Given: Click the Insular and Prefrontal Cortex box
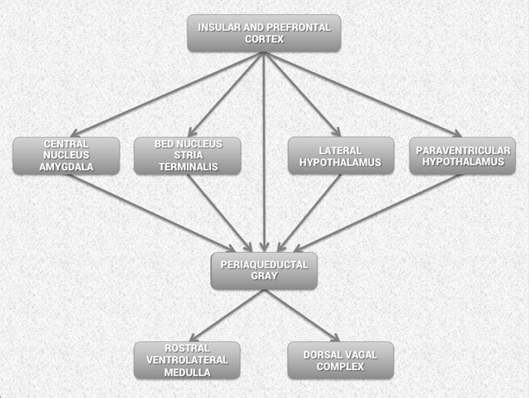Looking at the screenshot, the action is [x=264, y=33].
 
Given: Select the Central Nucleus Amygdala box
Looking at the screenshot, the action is [x=66, y=156].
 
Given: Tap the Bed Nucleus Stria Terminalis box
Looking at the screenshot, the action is [x=188, y=156].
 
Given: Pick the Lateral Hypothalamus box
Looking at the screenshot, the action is [x=341, y=156].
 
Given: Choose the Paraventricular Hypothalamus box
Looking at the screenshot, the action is [x=463, y=156].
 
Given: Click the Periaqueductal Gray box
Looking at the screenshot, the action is [x=264, y=271].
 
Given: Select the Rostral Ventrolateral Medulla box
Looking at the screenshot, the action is [x=188, y=360].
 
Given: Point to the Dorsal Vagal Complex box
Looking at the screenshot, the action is [x=341, y=360].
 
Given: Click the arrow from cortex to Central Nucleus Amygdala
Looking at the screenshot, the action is [x=167, y=94].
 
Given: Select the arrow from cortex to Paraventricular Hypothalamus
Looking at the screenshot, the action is [x=363, y=94].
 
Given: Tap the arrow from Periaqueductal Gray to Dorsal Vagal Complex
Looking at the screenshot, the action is [x=302, y=315].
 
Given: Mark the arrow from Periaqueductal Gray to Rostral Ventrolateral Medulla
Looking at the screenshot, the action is [x=227, y=315].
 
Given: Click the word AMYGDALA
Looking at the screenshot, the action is [x=66, y=167].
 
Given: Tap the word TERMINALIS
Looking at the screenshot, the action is [x=188, y=167].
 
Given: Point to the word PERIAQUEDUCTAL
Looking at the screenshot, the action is [x=264, y=265].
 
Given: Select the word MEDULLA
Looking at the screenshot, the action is [x=188, y=373].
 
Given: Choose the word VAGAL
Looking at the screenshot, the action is [x=359, y=355].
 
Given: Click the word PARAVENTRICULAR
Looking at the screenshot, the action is [x=463, y=151].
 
